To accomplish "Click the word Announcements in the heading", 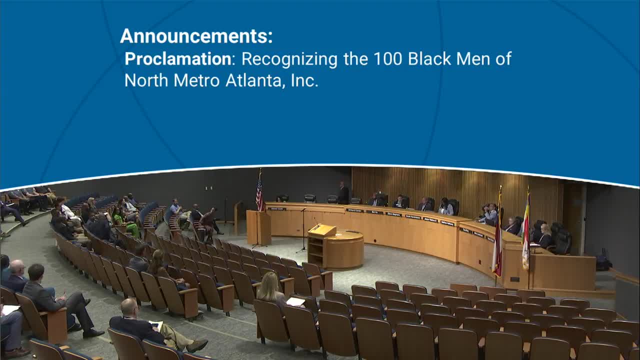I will pos(196,36).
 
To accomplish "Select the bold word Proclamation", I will pos(177,59).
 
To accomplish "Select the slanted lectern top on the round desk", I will pos(322,230).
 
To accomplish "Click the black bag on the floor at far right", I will pos(603,263).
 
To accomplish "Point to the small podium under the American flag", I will pos(258,227).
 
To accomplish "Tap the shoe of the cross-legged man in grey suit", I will pos(93,333).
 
